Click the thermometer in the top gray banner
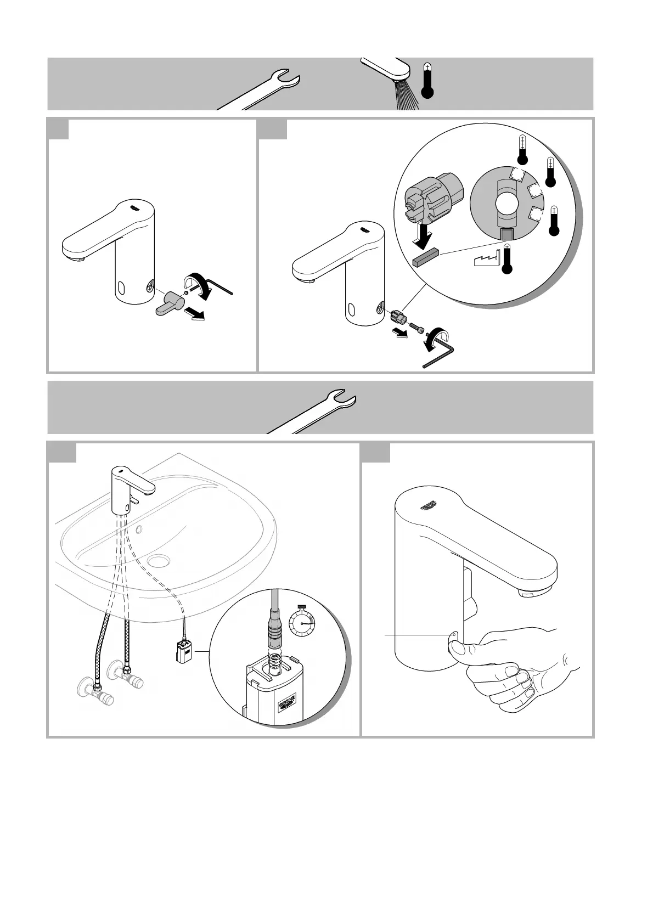click(x=427, y=81)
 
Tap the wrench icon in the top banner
click(x=263, y=91)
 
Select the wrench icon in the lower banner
click(x=318, y=412)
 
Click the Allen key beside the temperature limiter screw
click(x=442, y=352)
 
